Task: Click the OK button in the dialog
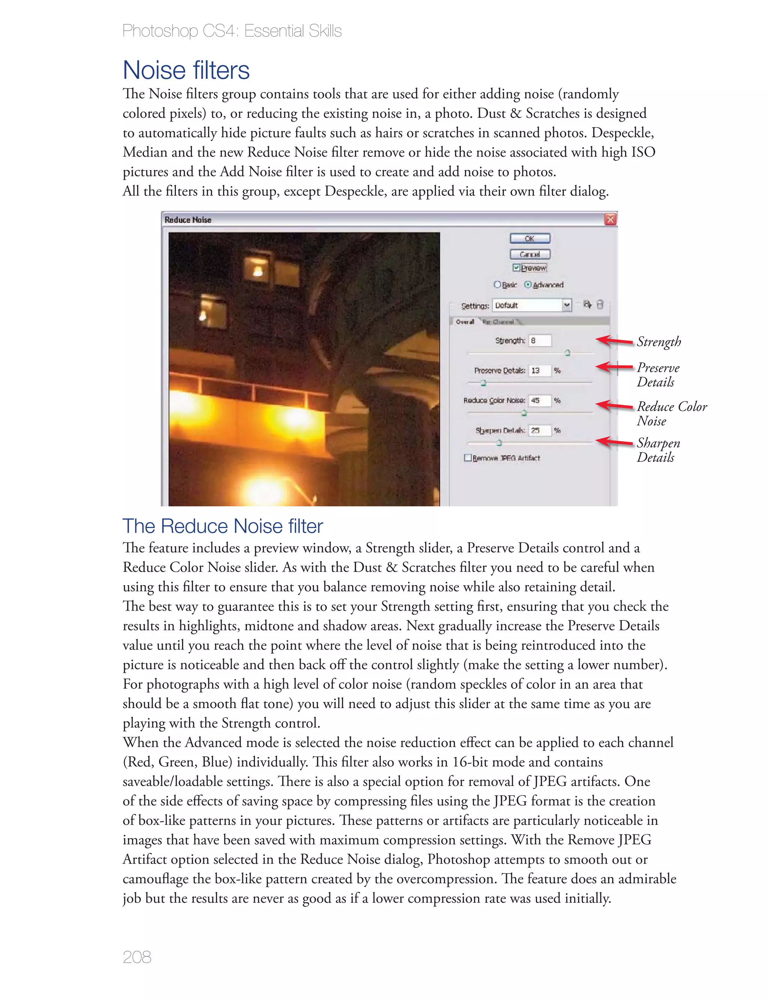click(530, 239)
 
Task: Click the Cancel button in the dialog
click(530, 254)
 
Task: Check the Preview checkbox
click(516, 268)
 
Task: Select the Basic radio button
click(497, 285)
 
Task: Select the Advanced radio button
click(528, 285)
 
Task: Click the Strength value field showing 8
click(540, 341)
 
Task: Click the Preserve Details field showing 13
click(540, 370)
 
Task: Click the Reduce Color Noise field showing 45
click(540, 401)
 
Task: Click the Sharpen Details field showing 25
click(540, 431)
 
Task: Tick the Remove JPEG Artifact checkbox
click(468, 458)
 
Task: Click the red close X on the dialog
click(610, 219)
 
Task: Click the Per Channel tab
click(498, 322)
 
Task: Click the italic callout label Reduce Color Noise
click(671, 413)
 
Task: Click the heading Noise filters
click(186, 71)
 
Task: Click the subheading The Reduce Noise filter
click(223, 526)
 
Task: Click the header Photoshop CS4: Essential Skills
click(232, 31)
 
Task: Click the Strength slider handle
click(568, 353)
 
